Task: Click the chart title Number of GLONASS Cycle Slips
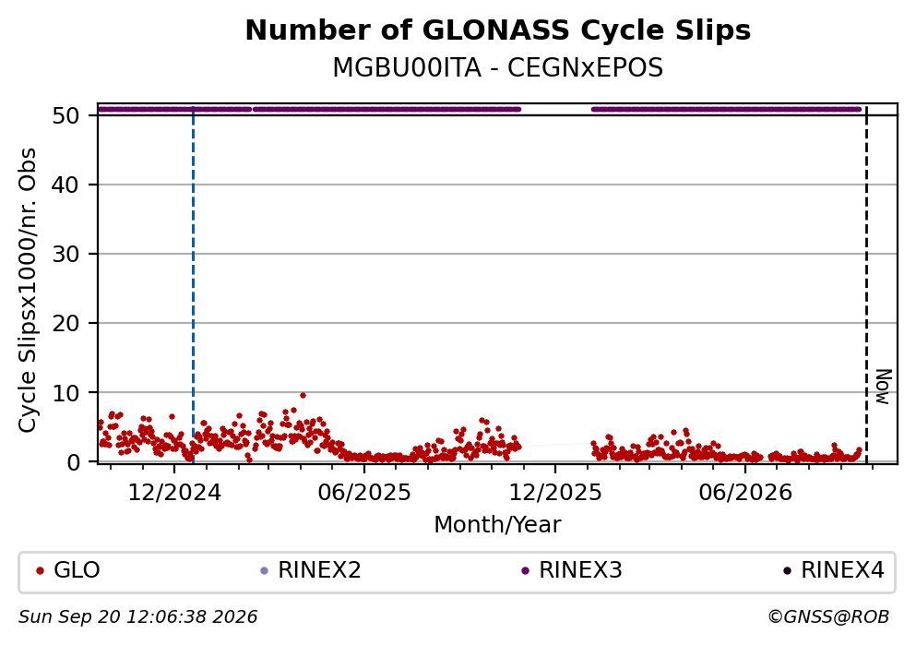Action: click(x=498, y=30)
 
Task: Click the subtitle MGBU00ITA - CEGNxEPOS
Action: click(x=498, y=67)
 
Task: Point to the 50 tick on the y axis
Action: click(x=65, y=115)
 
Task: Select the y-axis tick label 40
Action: click(x=65, y=185)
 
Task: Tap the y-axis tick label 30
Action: click(x=65, y=254)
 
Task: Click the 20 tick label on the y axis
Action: click(x=65, y=324)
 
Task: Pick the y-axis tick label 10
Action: click(x=65, y=392)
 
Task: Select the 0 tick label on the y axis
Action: click(x=73, y=462)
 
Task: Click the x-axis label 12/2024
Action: click(x=174, y=493)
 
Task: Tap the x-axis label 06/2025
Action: click(x=364, y=493)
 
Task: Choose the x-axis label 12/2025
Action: click(x=555, y=493)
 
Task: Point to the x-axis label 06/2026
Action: click(x=745, y=493)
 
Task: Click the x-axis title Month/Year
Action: click(x=498, y=525)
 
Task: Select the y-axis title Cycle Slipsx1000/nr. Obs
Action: click(x=28, y=291)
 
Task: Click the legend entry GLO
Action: click(x=67, y=570)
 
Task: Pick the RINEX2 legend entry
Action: click(x=312, y=570)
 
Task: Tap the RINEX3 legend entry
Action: click(x=573, y=570)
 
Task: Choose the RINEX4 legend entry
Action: click(x=834, y=570)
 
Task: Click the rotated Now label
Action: click(x=884, y=387)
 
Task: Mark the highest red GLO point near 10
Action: click(x=303, y=396)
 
